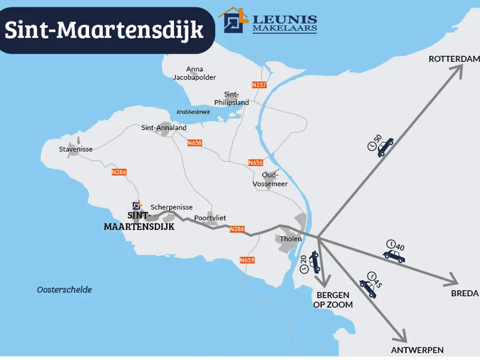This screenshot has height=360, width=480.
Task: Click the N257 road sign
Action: pos(259,85)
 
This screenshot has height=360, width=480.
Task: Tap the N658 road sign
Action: pos(194,143)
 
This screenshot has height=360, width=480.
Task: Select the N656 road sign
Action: pos(255,163)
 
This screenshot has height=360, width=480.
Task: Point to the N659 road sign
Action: pos(247,260)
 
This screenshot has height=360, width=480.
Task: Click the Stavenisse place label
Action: pos(75,149)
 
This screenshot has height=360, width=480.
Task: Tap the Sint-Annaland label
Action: pos(164,127)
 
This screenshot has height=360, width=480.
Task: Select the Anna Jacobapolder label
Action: pos(195,73)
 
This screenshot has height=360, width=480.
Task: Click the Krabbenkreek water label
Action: pos(193,112)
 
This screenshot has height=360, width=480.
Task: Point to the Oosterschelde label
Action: pos(64,290)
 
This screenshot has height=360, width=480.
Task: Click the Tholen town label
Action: pos(291,239)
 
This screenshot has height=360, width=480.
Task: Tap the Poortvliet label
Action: pos(210,218)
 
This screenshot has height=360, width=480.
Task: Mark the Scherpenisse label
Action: pos(172,207)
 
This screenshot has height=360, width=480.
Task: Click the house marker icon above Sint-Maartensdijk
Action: pos(136,205)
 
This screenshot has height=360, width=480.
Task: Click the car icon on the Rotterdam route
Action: pos(385,147)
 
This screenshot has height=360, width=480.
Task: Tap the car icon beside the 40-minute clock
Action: pos(394,256)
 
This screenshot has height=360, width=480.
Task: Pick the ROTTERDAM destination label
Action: pos(454,59)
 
